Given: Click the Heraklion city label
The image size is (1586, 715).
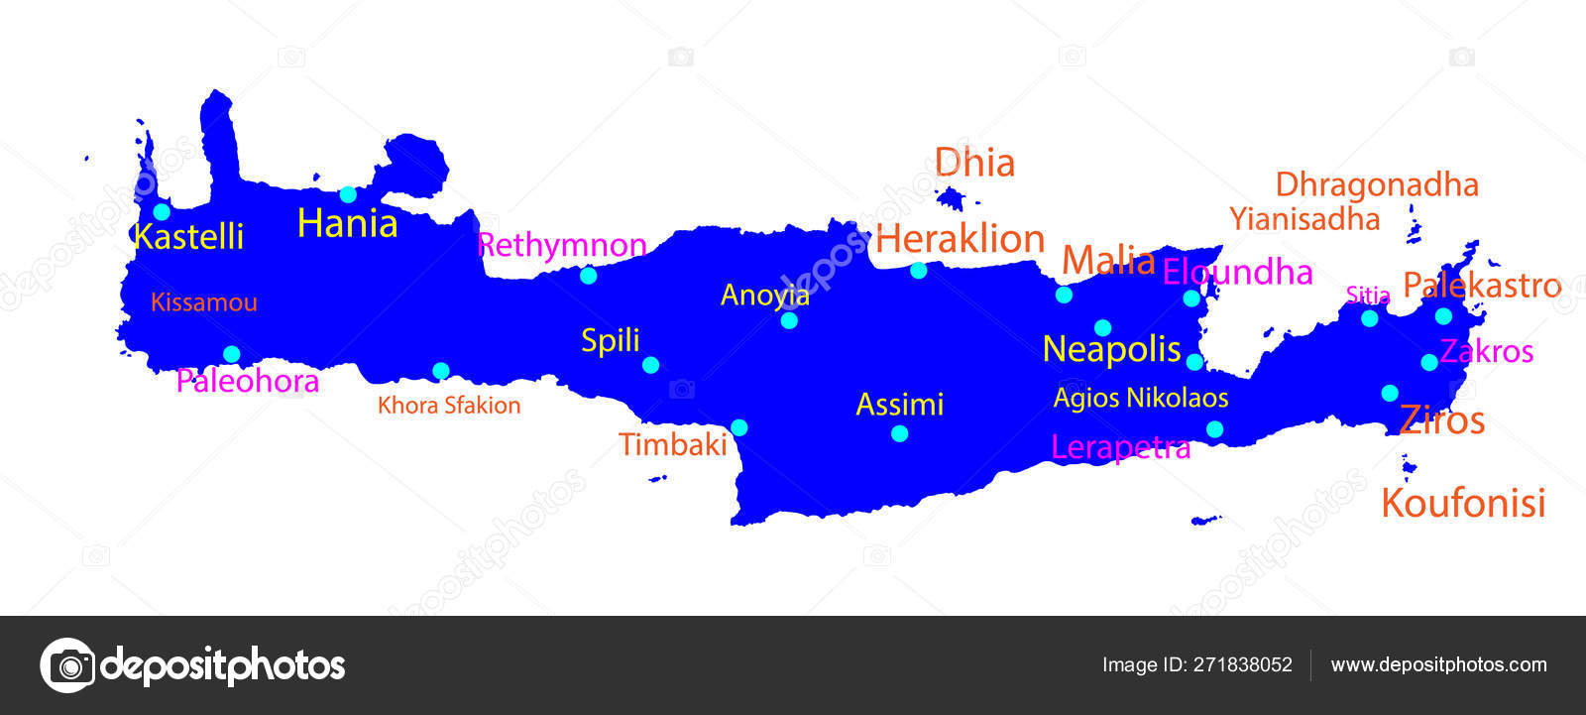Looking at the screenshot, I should tap(960, 239).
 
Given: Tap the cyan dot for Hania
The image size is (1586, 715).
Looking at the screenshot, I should tap(348, 194).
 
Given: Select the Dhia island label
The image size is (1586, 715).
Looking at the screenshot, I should tap(974, 163).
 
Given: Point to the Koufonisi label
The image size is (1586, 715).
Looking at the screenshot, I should tap(1463, 503).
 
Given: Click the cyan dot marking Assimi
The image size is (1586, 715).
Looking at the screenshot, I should tap(899, 433).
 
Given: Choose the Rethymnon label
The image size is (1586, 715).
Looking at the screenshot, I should tap(562, 245).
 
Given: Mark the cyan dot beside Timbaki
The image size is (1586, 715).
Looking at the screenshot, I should tap(739, 427).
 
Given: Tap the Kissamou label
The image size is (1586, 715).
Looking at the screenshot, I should tap(204, 302).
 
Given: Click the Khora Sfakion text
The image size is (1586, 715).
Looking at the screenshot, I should tap(449, 405).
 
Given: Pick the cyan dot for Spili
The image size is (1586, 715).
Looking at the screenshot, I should tap(650, 365).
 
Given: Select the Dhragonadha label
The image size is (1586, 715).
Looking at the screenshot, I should tap(1377, 184).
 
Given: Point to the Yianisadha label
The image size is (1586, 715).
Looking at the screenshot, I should tap(1304, 219).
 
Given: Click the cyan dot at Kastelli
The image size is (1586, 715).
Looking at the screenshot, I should tap(162, 211).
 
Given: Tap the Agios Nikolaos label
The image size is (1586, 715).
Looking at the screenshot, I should tap(1141, 398).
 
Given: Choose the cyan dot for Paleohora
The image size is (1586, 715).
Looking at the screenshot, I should tap(231, 354).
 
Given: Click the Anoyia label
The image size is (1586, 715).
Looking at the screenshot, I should tap(764, 295).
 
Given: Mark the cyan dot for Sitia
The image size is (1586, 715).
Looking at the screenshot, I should tap(1369, 318).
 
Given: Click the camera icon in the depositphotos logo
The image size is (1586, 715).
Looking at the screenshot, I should tap(67, 664).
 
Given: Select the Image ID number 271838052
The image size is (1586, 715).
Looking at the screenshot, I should tap(1241, 665).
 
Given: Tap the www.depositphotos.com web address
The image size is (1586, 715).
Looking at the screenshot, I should tap(1438, 665).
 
